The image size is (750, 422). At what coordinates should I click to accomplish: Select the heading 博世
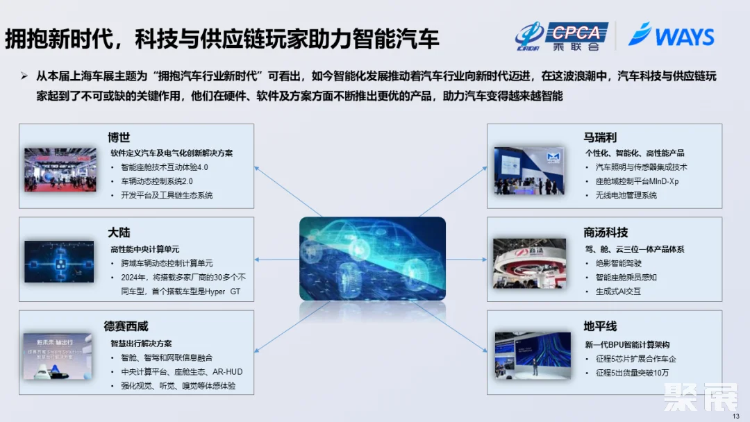click(119, 137)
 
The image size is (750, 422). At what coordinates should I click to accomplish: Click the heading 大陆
click(119, 232)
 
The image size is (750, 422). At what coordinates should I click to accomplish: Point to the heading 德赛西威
click(126, 326)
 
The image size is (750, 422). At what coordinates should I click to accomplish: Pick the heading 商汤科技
click(606, 232)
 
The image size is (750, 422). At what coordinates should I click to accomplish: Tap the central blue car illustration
click(372, 258)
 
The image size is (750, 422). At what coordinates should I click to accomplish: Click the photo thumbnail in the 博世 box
click(60, 169)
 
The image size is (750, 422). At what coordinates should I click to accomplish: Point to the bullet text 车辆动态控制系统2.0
click(156, 181)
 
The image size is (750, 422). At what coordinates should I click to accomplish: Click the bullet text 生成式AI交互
click(618, 292)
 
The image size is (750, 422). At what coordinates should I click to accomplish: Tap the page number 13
click(736, 415)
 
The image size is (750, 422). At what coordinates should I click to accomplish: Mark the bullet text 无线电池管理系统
click(626, 196)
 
